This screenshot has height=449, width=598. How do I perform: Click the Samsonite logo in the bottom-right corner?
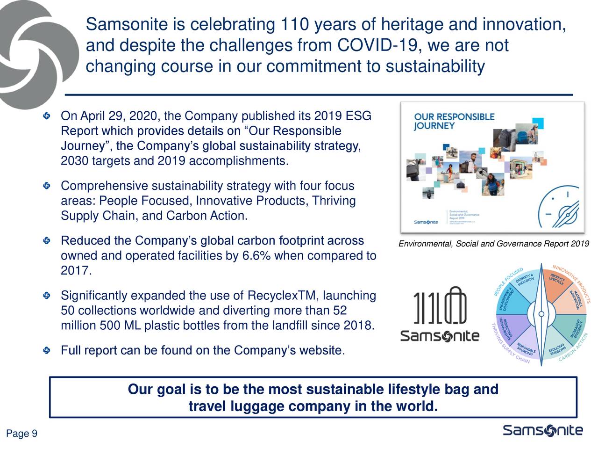542,431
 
